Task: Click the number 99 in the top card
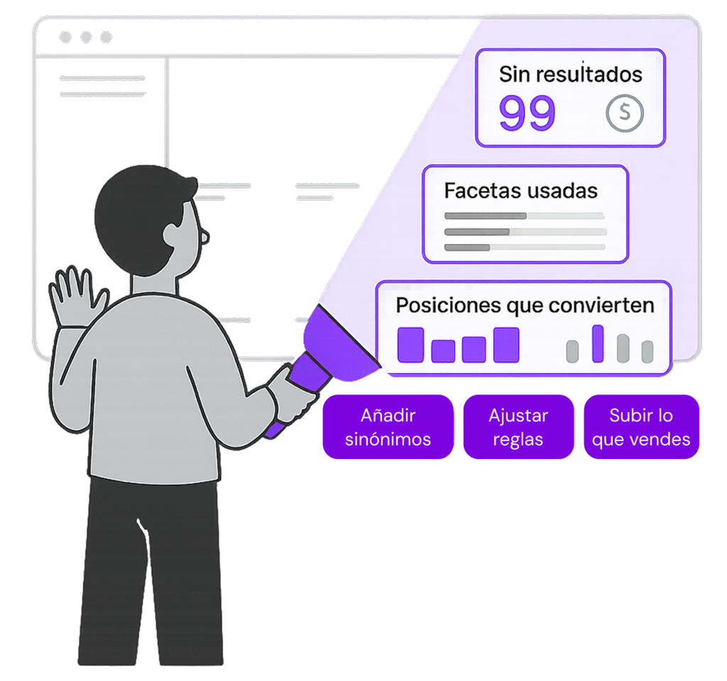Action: pyautogui.click(x=527, y=113)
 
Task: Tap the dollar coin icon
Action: pyautogui.click(x=625, y=112)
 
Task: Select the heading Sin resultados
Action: pyautogui.click(x=570, y=74)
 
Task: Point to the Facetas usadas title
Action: pyautogui.click(x=520, y=190)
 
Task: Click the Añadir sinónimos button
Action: pyautogui.click(x=388, y=428)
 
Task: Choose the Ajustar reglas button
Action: pyautogui.click(x=518, y=428)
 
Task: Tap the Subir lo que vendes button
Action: pyautogui.click(x=641, y=428)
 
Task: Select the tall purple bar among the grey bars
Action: pyautogui.click(x=598, y=343)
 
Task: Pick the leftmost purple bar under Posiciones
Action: pyautogui.click(x=410, y=345)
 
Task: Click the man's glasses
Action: pyautogui.click(x=204, y=234)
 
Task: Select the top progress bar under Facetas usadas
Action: pyautogui.click(x=524, y=216)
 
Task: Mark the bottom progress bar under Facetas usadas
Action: pyautogui.click(x=524, y=247)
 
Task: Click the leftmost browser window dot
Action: pyautogui.click(x=65, y=37)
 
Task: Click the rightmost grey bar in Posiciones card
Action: pyautogui.click(x=647, y=351)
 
